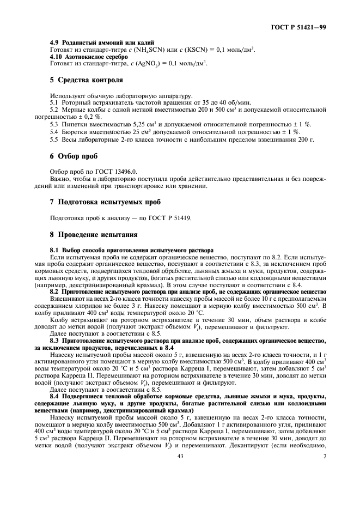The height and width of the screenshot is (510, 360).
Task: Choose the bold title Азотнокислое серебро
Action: click(x=96, y=56)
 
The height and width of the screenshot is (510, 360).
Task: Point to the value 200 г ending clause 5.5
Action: click(x=309, y=139)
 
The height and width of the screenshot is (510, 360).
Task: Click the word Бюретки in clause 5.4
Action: click(x=74, y=132)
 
